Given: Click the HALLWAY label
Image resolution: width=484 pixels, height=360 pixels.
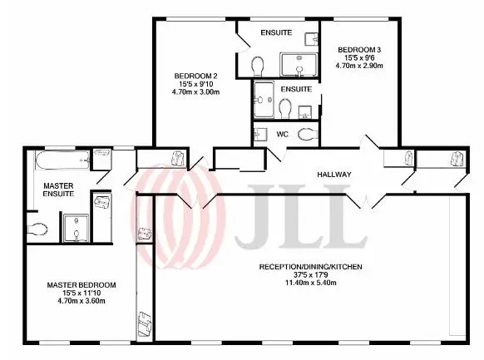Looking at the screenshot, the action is coord(334,175).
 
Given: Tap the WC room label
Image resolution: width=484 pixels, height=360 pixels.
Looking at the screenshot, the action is coord(282,134).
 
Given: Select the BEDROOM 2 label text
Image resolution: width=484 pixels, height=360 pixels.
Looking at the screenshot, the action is coord(195,76).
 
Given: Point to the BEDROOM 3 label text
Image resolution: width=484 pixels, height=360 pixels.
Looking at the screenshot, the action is coord(359,50).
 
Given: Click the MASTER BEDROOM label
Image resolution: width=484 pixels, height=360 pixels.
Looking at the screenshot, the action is coord(81,285).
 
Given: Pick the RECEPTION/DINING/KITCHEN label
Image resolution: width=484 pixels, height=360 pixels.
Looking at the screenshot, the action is coord(310,267).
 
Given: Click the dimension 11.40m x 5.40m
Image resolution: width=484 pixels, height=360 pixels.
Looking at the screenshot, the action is coord(310,283).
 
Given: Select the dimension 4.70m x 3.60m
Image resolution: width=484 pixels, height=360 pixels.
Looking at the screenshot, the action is coord(81,301).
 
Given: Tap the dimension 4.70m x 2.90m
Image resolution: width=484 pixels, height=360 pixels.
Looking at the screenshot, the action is coord(359,66).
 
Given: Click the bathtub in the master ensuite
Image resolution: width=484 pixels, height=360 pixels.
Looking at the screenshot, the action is coord(62,160).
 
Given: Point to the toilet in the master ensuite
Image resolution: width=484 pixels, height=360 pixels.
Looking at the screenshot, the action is coord(37,229).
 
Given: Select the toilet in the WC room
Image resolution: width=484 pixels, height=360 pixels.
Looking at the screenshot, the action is coord(308,134).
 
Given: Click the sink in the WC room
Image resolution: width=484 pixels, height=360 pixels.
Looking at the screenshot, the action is coord(260,135).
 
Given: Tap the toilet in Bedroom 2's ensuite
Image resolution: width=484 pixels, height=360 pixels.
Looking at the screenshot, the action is coord(258,67).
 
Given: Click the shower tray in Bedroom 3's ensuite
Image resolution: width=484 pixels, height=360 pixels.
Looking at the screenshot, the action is coord(264,99).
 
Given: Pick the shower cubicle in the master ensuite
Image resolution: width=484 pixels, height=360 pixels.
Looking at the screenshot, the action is coord(77,228).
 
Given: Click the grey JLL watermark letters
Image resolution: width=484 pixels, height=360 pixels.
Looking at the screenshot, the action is coord(300,216).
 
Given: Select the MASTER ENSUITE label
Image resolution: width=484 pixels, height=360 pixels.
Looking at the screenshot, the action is coord(58,190).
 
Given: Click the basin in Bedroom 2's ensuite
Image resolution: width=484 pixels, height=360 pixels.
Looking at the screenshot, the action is coord(311,39).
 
